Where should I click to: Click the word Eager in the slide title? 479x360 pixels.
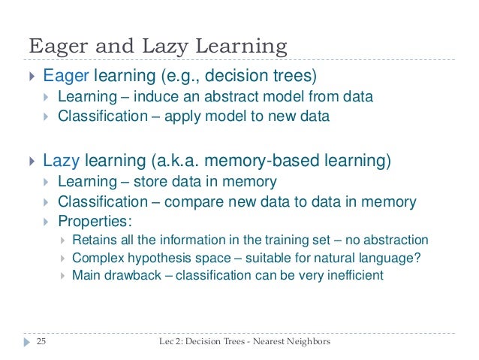click(55, 47)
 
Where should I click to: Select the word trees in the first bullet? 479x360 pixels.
click(292, 76)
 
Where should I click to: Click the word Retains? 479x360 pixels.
click(95, 241)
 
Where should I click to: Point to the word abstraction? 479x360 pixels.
click(396, 241)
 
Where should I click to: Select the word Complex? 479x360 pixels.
click(98, 258)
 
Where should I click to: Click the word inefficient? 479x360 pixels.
click(354, 275)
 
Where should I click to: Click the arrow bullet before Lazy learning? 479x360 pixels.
click(31, 161)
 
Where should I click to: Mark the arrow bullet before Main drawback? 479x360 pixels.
click(62, 275)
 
